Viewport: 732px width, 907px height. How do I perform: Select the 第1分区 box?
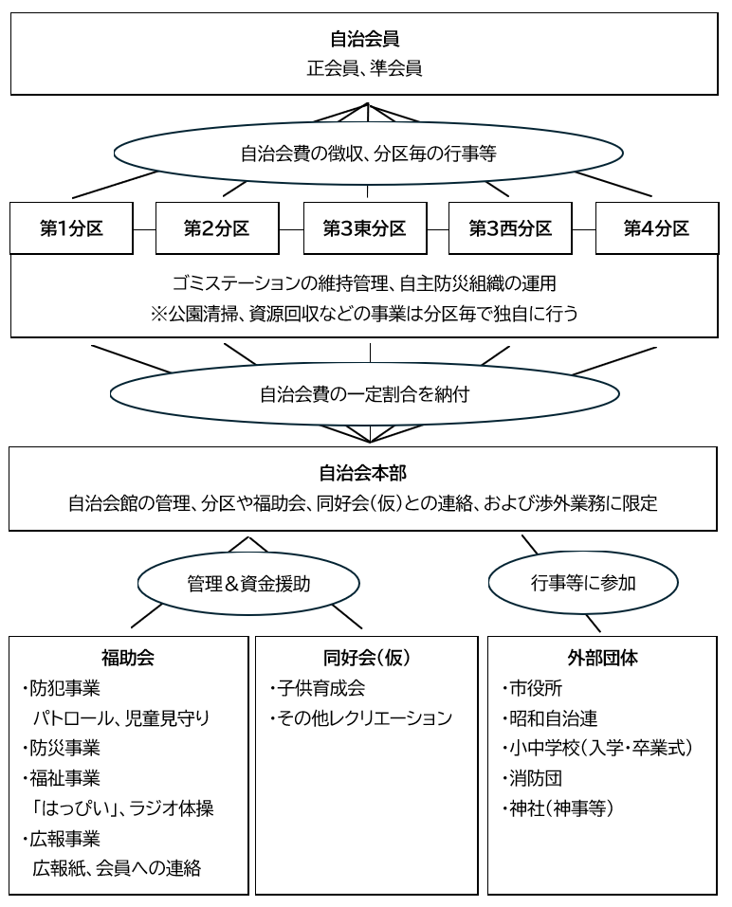point(71,228)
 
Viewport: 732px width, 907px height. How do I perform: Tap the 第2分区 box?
point(217,228)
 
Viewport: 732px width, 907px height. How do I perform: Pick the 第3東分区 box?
point(364,228)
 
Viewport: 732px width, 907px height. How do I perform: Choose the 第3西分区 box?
point(510,228)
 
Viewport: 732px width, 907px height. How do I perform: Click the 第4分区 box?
point(656,228)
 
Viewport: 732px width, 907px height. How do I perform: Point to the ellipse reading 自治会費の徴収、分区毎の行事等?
point(368,154)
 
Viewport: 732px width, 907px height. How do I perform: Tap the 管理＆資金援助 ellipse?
point(248,584)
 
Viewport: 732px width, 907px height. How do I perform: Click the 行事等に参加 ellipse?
point(583,584)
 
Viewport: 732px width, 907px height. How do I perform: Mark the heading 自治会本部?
point(364,472)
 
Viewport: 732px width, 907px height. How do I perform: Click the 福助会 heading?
point(127,657)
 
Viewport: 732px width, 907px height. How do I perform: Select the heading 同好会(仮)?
point(366,657)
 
